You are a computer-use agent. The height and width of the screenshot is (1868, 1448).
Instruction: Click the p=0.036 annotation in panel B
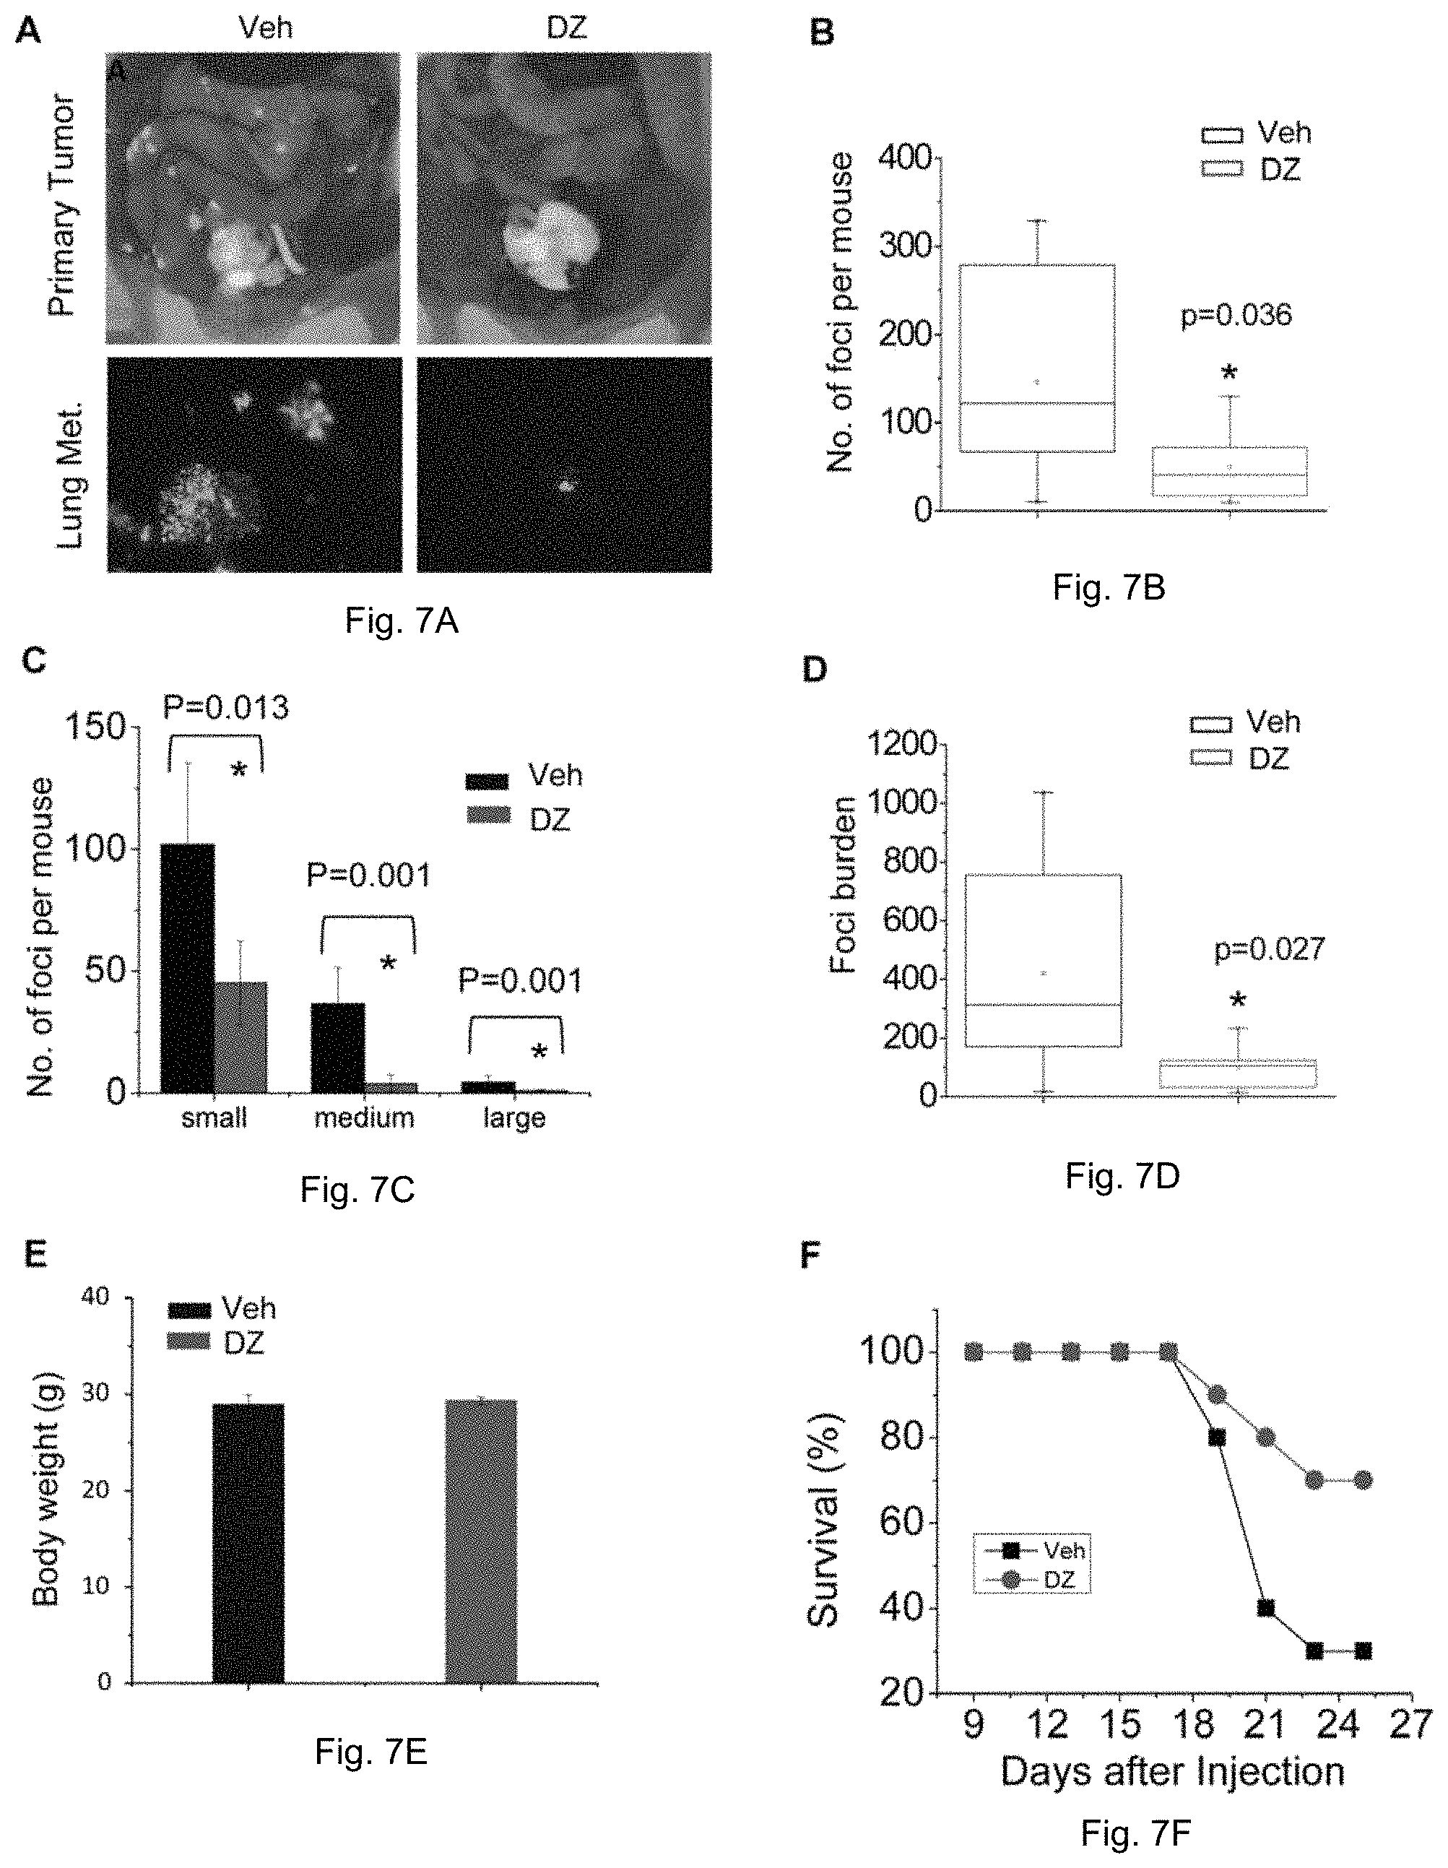(1236, 316)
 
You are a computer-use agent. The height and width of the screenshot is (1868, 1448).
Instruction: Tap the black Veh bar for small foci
(188, 968)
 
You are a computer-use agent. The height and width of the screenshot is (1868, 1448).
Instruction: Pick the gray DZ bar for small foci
(241, 1037)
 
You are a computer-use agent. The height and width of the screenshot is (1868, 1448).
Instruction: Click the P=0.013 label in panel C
(226, 707)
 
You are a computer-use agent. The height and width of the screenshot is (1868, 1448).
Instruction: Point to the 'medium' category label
(365, 1118)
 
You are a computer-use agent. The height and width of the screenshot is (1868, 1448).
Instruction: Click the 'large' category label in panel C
(514, 1119)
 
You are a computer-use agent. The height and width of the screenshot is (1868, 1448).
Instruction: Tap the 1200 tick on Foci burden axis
(902, 745)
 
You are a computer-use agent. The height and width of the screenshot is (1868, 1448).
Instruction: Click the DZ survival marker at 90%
(1217, 1395)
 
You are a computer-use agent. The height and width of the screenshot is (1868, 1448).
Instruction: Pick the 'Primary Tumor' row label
(62, 206)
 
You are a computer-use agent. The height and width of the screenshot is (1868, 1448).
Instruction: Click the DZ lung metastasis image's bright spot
(565, 486)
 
